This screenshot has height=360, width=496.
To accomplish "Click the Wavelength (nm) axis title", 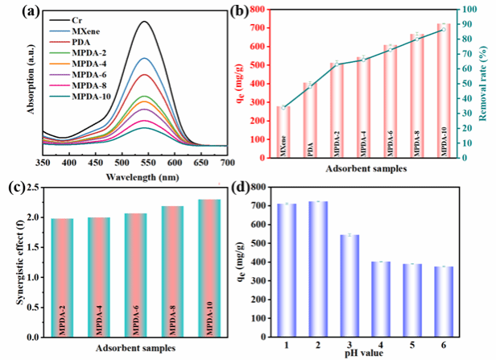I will [146, 175].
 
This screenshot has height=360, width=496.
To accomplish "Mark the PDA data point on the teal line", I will [307, 85].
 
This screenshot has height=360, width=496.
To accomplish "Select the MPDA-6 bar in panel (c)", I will [136, 274].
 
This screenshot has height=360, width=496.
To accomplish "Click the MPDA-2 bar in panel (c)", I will [62, 277].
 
